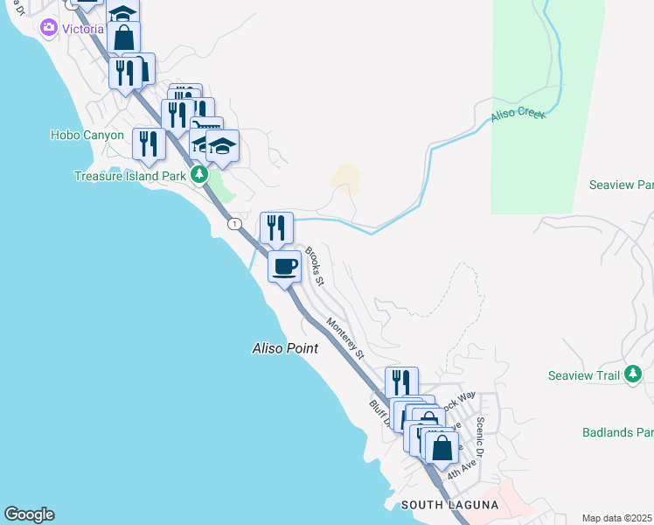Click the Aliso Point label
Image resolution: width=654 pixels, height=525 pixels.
tap(284, 348)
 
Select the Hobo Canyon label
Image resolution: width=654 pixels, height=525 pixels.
tap(87, 135)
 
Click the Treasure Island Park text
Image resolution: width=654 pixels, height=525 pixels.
tap(129, 175)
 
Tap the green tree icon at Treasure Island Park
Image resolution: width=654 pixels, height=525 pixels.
tap(199, 175)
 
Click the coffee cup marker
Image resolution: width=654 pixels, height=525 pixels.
tap(284, 265)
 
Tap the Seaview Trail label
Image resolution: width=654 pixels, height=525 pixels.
tap(583, 375)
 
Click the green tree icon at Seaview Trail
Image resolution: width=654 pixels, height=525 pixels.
tap(633, 375)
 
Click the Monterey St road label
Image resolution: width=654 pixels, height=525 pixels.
tap(344, 337)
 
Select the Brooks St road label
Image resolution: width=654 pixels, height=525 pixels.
tap(315, 267)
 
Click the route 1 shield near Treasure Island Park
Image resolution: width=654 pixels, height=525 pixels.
tap(234, 224)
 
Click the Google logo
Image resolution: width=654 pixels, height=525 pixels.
tap(29, 514)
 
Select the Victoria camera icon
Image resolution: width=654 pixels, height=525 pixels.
tap(48, 28)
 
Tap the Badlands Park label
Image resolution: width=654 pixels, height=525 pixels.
tap(617, 432)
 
